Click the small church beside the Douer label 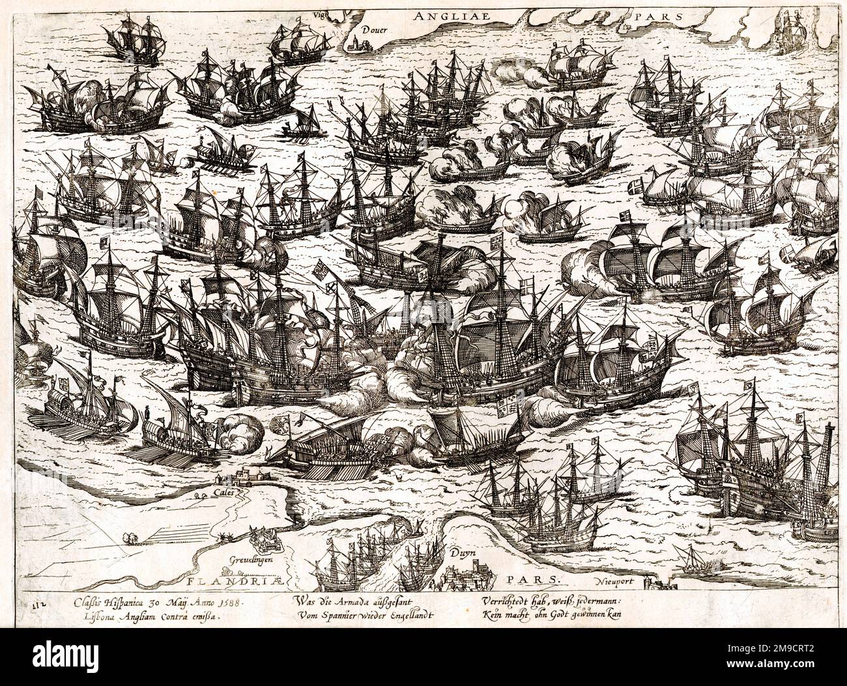[354, 44]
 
